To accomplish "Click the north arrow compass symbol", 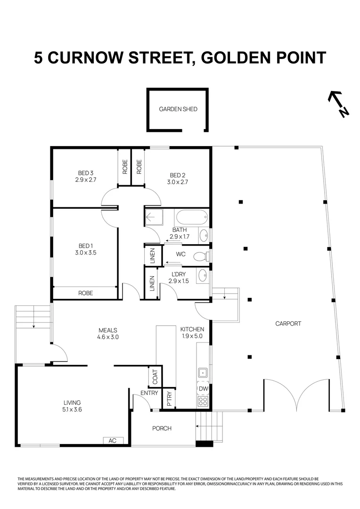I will tap(338, 104).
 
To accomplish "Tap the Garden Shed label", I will tap(178, 109).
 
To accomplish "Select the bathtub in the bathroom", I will tap(191, 219).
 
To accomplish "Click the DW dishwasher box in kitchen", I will tap(203, 388).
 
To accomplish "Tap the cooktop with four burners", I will tap(203, 402).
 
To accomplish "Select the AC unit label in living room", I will tap(113, 441).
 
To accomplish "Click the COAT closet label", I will tap(155, 377).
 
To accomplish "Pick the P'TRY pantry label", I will tap(169, 399).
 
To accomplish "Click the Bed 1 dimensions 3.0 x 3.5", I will tap(85, 253).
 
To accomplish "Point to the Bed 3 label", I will tap(85, 172).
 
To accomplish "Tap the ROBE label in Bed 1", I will tap(85, 293).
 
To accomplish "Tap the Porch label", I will tap(162, 428).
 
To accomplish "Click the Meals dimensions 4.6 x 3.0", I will tap(107, 337).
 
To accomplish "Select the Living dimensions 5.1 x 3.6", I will tap(73, 410).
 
